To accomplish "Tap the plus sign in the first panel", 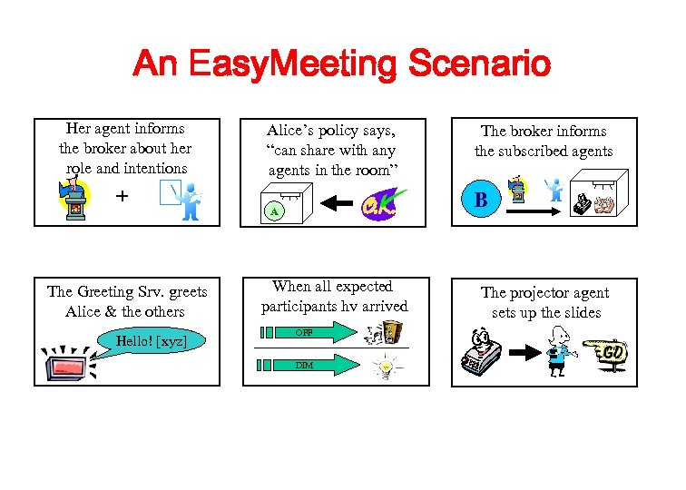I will point(122,196).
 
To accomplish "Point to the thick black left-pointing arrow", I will point(328,204).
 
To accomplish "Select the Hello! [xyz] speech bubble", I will point(146,342).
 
